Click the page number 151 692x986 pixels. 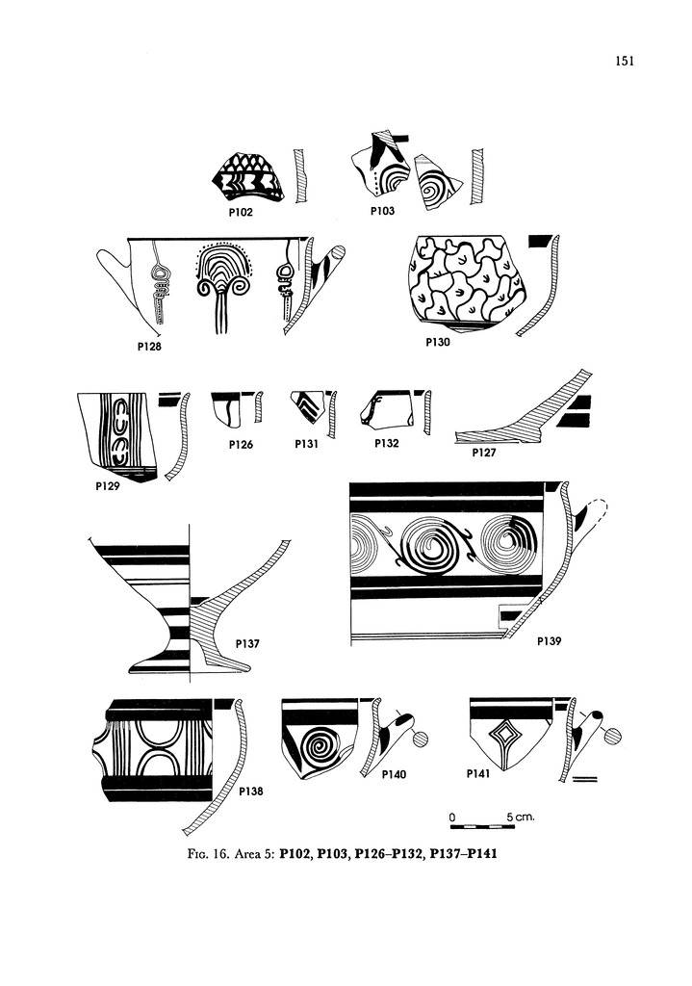point(623,63)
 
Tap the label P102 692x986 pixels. point(241,212)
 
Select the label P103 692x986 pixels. point(382,210)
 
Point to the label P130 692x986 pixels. point(438,341)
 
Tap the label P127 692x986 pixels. point(485,452)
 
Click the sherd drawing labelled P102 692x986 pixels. point(247,177)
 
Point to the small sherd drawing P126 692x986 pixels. point(227,409)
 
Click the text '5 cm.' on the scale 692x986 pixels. point(521,817)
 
